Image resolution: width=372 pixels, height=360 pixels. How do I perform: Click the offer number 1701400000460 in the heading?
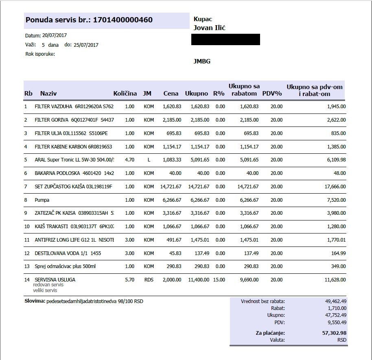click(x=123, y=20)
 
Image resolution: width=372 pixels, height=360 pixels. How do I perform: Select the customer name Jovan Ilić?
click(x=210, y=28)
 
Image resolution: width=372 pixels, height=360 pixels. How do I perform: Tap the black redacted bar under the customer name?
click(x=225, y=39)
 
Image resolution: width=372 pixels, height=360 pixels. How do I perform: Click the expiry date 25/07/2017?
click(x=86, y=45)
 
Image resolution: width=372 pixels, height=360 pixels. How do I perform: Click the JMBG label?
click(x=202, y=61)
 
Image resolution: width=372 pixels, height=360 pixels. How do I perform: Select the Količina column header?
click(x=125, y=94)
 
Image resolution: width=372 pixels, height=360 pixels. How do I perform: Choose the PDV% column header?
click(x=272, y=94)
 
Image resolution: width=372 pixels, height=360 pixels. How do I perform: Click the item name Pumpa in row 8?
click(x=42, y=200)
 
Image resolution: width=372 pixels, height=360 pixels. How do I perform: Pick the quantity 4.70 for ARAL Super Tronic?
click(x=129, y=160)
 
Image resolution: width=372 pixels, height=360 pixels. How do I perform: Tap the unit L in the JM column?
click(x=149, y=160)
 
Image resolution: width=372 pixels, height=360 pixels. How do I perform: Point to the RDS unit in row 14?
click(x=149, y=280)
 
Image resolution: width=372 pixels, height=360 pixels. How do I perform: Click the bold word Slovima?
click(x=35, y=301)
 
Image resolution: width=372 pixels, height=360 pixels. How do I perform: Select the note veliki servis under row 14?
click(x=45, y=290)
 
